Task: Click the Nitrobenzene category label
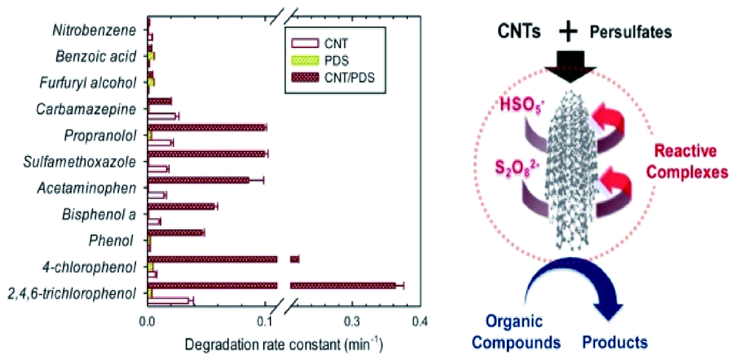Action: [x=94, y=31]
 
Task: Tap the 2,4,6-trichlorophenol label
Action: [x=72, y=293]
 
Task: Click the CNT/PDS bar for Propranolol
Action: [x=207, y=127]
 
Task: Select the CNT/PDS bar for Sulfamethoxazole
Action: [x=207, y=154]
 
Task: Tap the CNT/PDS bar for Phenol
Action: [x=175, y=233]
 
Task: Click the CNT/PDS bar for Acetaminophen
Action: [x=199, y=180]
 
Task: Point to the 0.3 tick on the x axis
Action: [x=352, y=321]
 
